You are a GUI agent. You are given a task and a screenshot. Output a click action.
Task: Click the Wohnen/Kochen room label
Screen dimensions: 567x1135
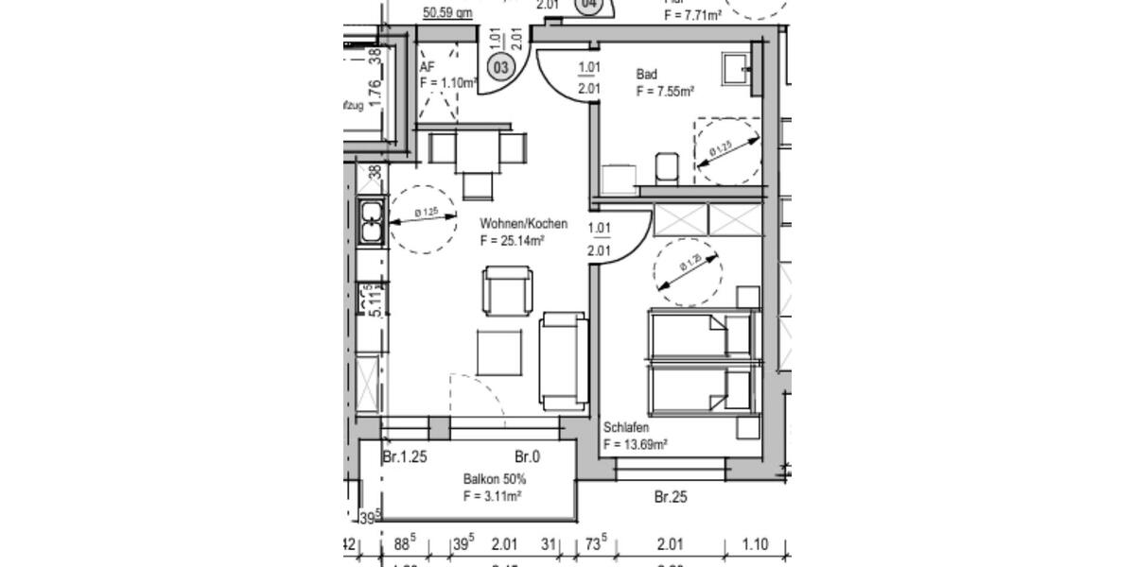[523, 224]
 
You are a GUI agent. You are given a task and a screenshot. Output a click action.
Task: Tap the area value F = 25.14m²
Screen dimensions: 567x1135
[512, 241]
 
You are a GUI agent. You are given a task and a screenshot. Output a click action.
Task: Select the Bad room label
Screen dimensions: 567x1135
[647, 75]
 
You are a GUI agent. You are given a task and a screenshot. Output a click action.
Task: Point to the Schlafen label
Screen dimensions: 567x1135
[626, 428]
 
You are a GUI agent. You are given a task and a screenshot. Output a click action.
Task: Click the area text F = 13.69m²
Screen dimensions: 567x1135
[636, 445]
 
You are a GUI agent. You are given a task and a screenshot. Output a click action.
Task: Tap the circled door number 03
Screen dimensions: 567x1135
[500, 67]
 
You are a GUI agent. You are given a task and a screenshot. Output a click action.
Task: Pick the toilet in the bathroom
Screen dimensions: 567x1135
[667, 166]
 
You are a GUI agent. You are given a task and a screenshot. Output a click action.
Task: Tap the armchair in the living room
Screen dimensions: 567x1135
[507, 292]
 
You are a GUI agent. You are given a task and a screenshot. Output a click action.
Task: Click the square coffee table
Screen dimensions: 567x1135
[498, 352]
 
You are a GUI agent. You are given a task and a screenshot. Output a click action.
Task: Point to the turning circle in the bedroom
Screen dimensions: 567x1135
[688, 271]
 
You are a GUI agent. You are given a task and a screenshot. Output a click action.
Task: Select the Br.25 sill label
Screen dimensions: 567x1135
[670, 496]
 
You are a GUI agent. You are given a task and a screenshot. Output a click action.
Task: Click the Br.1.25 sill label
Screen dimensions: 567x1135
[405, 457]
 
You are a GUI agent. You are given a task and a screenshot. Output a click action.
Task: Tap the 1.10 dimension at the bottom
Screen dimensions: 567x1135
[755, 544]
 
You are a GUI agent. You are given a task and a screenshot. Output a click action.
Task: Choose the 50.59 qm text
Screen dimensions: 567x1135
[447, 13]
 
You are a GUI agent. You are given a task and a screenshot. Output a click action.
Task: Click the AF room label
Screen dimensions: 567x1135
[427, 67]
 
